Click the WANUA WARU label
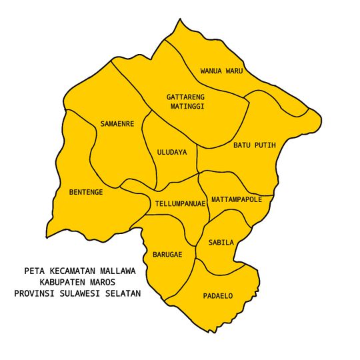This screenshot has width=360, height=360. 221,70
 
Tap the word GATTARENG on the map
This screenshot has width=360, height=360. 186,97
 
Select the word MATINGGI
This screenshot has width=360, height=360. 186,106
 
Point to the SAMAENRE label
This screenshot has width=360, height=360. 117,124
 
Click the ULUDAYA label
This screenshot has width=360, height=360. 172,152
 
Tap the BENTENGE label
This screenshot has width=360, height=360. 86,192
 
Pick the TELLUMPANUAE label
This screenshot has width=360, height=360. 179,203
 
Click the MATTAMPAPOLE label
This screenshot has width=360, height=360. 237,199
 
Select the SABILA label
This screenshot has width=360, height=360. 221,243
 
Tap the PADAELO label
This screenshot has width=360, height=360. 218,295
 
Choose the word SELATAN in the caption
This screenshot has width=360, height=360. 123,293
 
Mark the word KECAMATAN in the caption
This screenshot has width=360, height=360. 72,271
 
